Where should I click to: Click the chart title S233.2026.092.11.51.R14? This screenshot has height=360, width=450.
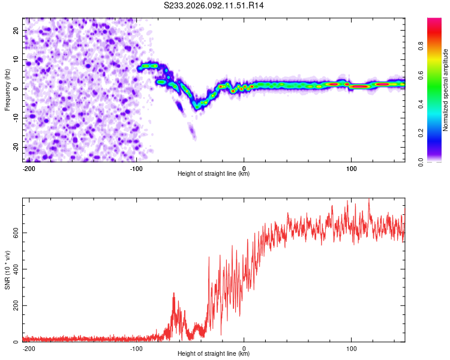pyautogui.click(x=214, y=5)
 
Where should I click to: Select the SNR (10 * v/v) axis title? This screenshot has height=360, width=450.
pyautogui.click(x=7, y=270)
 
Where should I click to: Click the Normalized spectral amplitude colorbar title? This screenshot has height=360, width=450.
pyautogui.click(x=446, y=90)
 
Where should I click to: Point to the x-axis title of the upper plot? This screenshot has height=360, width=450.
pyautogui.click(x=214, y=173)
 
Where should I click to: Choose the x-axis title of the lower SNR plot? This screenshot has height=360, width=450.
pyautogui.click(x=214, y=353)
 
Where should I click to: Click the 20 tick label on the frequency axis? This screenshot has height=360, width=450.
pyautogui.click(x=16, y=30)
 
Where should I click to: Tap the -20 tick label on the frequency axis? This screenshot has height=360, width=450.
pyautogui.click(x=15, y=147)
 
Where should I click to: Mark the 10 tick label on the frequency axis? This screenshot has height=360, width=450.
pyautogui.click(x=16, y=59)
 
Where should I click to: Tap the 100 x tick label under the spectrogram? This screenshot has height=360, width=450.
pyautogui.click(x=351, y=167)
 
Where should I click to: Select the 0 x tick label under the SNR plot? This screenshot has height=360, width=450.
pyautogui.click(x=244, y=347)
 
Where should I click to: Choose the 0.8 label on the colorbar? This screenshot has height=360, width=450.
pyautogui.click(x=422, y=46)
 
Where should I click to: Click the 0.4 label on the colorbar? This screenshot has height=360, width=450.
pyautogui.click(x=422, y=104)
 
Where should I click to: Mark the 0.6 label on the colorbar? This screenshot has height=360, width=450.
pyautogui.click(x=422, y=75)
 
